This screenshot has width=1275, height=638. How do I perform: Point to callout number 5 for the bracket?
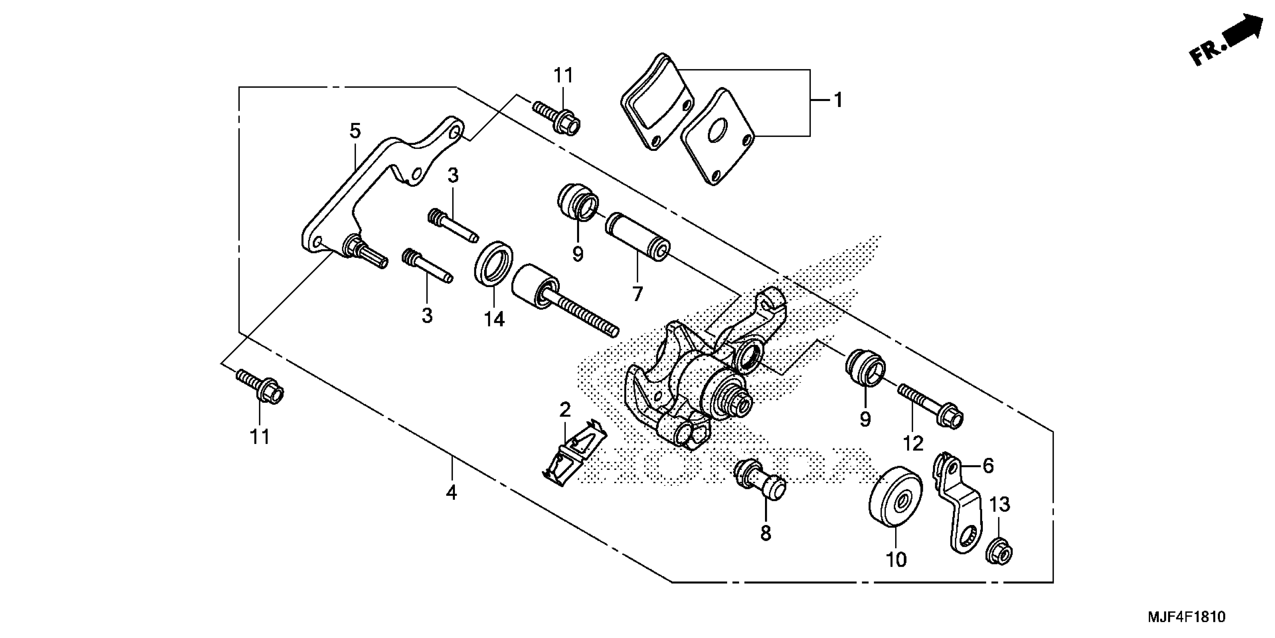[355, 131]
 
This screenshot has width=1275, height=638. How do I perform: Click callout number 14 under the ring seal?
[494, 319]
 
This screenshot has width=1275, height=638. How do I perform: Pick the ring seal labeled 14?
[493, 263]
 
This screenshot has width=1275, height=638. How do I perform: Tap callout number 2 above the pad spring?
[565, 410]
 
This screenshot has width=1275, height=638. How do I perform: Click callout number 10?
[896, 560]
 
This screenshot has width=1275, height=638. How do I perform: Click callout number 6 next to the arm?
[987, 466]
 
